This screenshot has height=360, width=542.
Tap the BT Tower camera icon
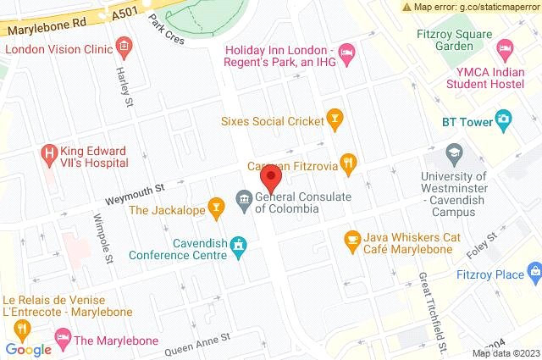click(x=504, y=121)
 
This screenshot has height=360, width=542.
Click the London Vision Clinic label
click(x=58, y=48)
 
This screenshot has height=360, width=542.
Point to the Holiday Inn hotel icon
click(x=346, y=54)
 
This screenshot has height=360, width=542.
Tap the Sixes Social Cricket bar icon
click(x=335, y=120)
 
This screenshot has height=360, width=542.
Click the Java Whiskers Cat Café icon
click(x=352, y=240)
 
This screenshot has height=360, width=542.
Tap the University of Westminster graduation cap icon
click(x=454, y=155)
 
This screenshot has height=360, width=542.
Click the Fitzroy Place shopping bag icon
click(x=534, y=271)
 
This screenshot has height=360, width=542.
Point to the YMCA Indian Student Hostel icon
click(x=506, y=45)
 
